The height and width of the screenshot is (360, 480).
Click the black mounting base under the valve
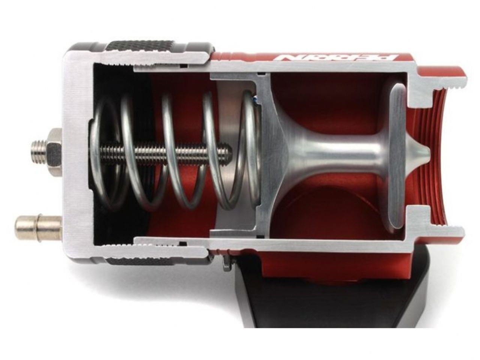point(337,300)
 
